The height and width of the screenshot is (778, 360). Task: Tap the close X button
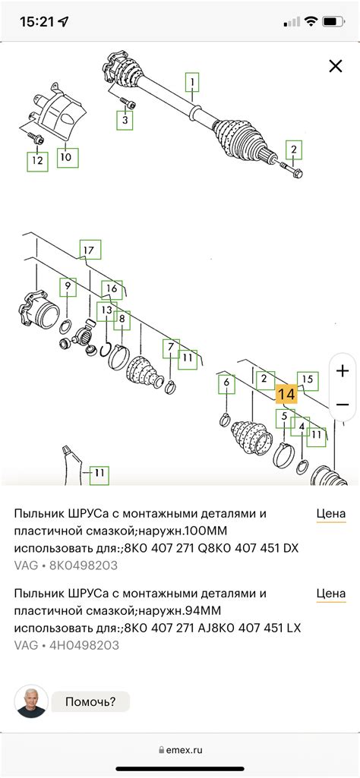(x=336, y=66)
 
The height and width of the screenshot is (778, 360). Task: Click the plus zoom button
(x=343, y=371)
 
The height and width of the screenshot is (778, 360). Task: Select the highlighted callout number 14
(x=286, y=395)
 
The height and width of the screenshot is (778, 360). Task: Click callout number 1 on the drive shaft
(x=193, y=81)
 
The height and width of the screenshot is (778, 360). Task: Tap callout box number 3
(x=125, y=120)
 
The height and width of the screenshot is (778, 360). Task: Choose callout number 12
(x=38, y=161)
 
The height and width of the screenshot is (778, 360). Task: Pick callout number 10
(x=67, y=157)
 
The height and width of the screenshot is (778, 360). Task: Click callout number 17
(x=90, y=250)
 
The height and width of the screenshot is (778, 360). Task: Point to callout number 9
(x=68, y=287)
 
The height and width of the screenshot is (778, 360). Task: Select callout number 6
(x=226, y=383)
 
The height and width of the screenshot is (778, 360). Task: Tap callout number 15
(x=308, y=380)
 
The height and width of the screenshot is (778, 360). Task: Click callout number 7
(x=172, y=348)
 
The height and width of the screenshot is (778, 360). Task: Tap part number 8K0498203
(x=84, y=565)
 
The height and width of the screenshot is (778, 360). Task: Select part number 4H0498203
(x=84, y=645)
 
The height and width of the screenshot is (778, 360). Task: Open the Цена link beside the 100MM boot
(x=331, y=514)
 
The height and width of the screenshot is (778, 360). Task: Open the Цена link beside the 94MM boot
(x=331, y=594)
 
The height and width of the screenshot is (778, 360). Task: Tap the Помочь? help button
(x=90, y=701)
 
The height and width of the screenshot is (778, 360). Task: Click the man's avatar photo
(x=31, y=701)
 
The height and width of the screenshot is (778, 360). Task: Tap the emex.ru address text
(x=185, y=750)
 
